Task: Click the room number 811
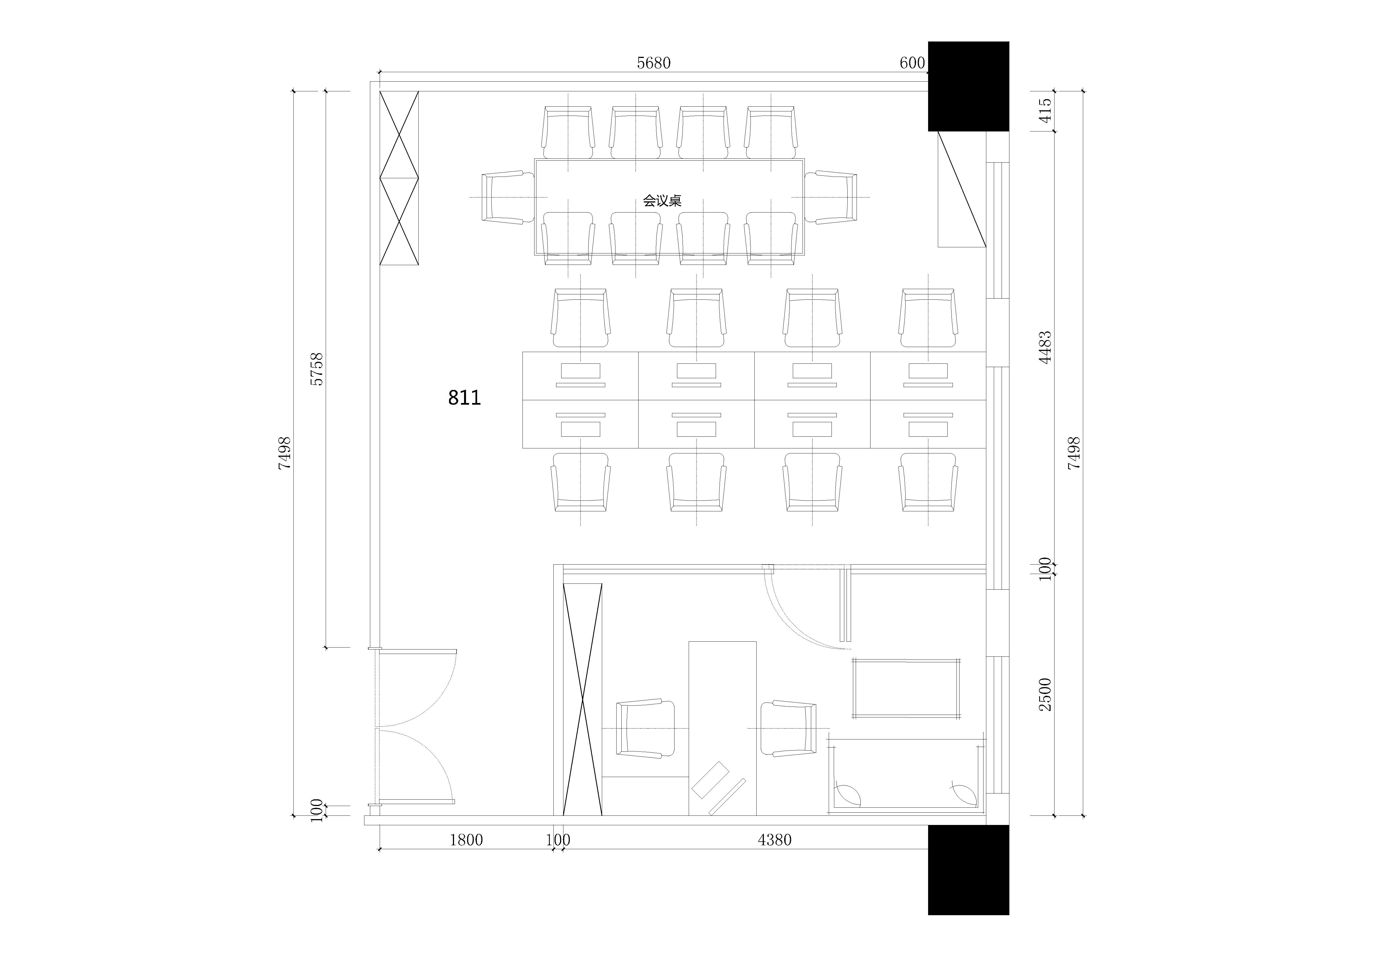pos(464,397)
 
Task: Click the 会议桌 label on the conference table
pos(662,200)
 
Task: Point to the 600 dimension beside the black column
pos(912,63)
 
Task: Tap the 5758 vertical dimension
pos(317,369)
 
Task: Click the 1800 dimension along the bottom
pos(466,840)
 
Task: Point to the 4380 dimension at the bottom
pos(774,840)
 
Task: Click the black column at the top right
pos(968,86)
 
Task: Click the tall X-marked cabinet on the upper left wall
pos(399,178)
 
